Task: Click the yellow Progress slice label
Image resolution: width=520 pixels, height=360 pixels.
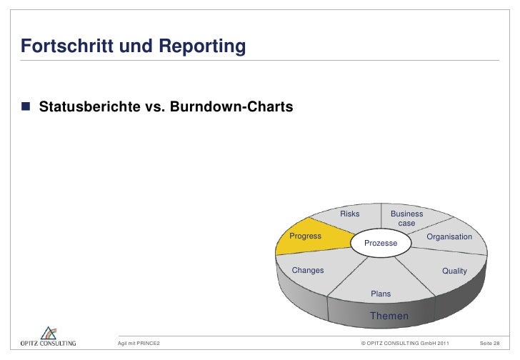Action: pos(305,236)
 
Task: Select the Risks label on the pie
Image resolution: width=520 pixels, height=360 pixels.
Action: pos(350,214)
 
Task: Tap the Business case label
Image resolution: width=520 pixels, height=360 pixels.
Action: pos(406,219)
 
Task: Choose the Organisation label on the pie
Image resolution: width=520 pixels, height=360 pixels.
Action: pos(449,236)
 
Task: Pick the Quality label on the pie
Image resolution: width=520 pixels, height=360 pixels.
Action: pos(454,271)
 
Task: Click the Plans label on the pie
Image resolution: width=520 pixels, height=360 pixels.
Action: pos(381,294)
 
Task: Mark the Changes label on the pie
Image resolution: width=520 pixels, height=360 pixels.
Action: pos(308,270)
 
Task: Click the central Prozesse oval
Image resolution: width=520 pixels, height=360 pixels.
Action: pos(381,244)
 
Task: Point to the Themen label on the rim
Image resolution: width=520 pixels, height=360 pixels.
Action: pos(389,316)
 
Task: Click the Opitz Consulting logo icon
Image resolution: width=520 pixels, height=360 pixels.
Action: pos(48,333)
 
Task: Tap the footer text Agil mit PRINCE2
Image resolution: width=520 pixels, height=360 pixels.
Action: pos(139,344)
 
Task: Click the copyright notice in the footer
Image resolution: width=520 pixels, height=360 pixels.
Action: pos(406,344)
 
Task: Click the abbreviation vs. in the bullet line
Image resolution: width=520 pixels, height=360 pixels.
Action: pos(159,108)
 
